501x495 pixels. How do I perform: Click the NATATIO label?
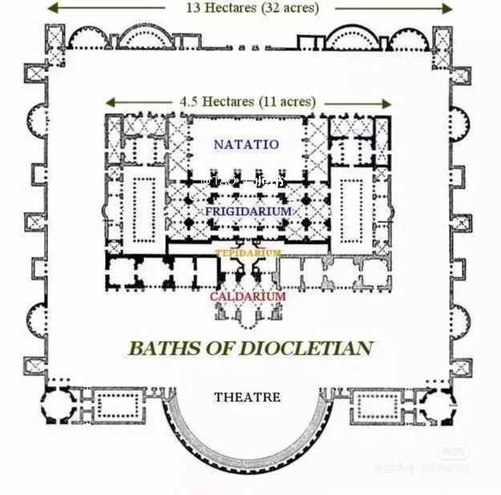(246, 144)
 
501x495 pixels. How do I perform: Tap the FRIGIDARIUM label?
(248, 211)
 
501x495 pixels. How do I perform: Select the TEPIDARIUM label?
(248, 254)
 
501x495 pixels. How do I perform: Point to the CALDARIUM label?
(248, 297)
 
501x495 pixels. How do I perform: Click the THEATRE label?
(248, 397)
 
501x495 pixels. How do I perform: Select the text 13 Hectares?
(213, 8)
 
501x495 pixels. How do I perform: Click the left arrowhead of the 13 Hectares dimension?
(50, 9)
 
